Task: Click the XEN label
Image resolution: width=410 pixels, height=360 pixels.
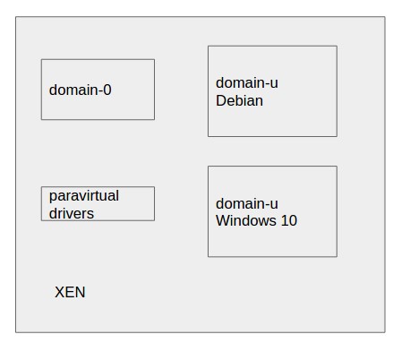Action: pos(70,292)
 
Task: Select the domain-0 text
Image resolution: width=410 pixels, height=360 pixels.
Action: pos(81,90)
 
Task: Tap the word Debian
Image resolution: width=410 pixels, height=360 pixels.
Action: pos(239,100)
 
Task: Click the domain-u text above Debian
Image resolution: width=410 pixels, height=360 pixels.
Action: pos(247,82)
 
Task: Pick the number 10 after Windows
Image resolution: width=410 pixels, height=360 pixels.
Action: pos(289,220)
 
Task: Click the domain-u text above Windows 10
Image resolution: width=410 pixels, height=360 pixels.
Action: pos(247,203)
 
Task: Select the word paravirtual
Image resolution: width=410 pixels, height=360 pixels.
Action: pos(84,196)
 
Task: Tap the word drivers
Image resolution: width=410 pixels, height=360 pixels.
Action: pos(72,213)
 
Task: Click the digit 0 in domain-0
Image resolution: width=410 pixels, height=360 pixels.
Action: pos(107,90)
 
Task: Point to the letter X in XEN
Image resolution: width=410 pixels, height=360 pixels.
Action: pos(60,292)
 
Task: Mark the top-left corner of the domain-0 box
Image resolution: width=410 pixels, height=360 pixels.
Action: pos(41,60)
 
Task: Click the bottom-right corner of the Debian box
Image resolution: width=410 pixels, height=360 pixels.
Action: pos(337,137)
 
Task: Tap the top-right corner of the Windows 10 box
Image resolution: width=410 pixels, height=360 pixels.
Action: pos(337,167)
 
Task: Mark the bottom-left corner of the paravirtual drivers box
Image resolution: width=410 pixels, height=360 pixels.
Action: pos(41,220)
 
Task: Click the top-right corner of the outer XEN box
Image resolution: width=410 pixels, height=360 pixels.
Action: pos(385,17)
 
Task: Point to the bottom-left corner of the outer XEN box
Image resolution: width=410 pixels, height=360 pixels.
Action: pos(16,332)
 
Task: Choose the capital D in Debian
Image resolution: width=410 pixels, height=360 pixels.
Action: pos(220,100)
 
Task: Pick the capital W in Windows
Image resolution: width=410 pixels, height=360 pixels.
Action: pos(223,220)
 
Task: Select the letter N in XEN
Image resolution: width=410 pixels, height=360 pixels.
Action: pos(81,292)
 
